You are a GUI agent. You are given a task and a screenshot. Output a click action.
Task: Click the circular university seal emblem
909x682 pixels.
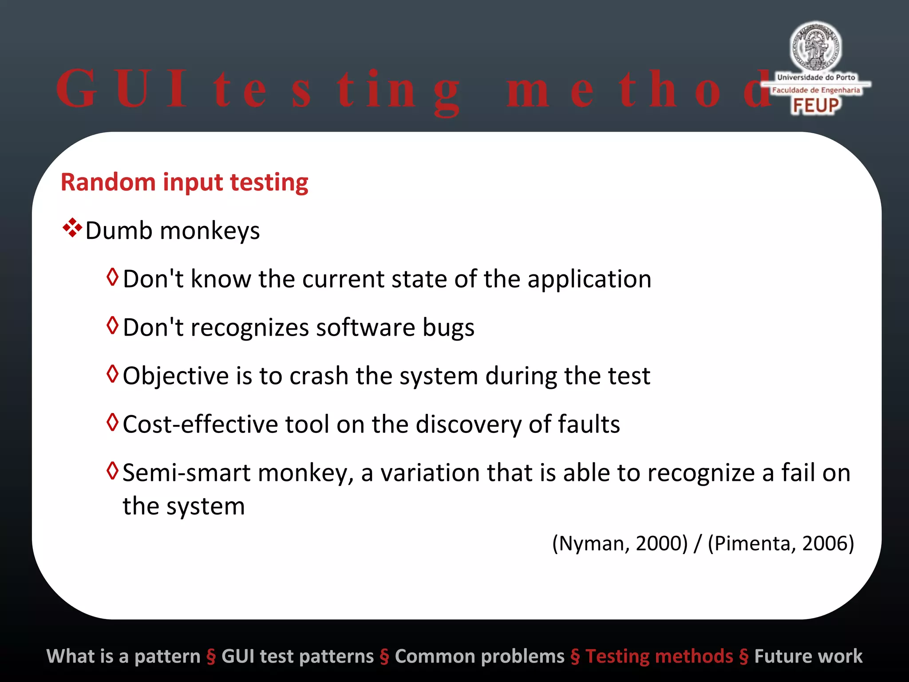pos(815,46)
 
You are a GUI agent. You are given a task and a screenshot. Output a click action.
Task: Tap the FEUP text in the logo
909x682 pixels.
pos(816,106)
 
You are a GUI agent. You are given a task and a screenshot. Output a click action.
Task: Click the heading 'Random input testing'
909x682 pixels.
pos(184,182)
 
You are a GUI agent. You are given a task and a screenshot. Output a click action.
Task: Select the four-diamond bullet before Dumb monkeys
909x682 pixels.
pos(72,228)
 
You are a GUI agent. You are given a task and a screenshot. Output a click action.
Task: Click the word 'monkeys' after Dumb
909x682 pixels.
pos(209,231)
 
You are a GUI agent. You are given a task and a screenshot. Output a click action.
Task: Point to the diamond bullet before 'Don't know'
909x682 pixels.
pos(113,277)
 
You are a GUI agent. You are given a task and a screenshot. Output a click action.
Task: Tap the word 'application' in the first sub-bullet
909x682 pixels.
pos(589,280)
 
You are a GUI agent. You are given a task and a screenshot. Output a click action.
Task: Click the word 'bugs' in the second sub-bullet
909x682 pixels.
pos(448,328)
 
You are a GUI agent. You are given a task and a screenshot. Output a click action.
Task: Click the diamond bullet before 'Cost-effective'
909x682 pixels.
pos(113,422)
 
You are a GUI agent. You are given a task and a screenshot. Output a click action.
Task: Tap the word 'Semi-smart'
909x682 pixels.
pos(186,472)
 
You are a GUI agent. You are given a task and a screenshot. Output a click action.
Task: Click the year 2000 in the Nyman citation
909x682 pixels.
pos(661,543)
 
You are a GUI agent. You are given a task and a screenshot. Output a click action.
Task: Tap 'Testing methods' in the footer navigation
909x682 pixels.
pos(659,656)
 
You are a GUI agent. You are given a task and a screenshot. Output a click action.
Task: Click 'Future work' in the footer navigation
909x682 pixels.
pos(808,656)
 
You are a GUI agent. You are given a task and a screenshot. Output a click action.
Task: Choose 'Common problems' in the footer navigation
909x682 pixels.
pos(479,656)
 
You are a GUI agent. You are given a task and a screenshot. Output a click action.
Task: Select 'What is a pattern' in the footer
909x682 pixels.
pos(123,656)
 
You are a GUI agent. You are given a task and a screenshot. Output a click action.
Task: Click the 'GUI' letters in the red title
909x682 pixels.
pos(122,89)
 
